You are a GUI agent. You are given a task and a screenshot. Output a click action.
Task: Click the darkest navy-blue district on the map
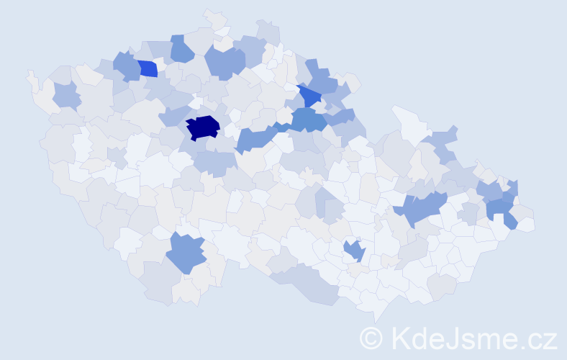point(202,127)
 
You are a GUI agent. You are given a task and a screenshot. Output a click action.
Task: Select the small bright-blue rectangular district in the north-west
point(148,69)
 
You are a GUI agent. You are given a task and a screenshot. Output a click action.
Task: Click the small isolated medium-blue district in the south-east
point(354,251)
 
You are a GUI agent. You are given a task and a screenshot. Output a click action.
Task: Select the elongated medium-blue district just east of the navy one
point(255,138)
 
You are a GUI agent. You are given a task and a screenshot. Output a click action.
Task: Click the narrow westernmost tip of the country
point(30,74)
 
